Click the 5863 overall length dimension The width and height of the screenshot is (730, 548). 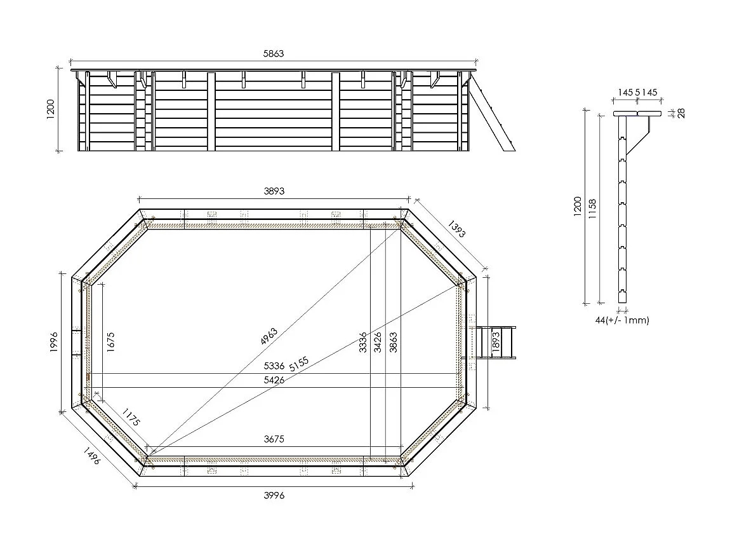tap(274, 55)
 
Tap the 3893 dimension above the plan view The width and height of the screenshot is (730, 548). tap(274, 191)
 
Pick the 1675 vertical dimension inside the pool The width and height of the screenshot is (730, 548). tap(110, 343)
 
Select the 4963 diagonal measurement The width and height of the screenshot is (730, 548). tap(270, 336)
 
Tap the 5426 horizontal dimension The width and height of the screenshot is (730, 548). tap(274, 380)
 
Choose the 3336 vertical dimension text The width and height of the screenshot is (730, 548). tap(363, 343)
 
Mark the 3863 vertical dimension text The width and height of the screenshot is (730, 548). tap(393, 343)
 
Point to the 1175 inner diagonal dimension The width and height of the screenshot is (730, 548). tap(131, 417)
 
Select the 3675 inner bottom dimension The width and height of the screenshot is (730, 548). tap(274, 439)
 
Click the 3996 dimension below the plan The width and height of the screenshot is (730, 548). tap(274, 496)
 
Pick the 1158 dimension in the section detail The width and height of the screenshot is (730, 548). tap(592, 207)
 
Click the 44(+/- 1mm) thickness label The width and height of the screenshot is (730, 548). tap(622, 320)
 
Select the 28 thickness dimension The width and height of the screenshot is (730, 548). tap(681, 113)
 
